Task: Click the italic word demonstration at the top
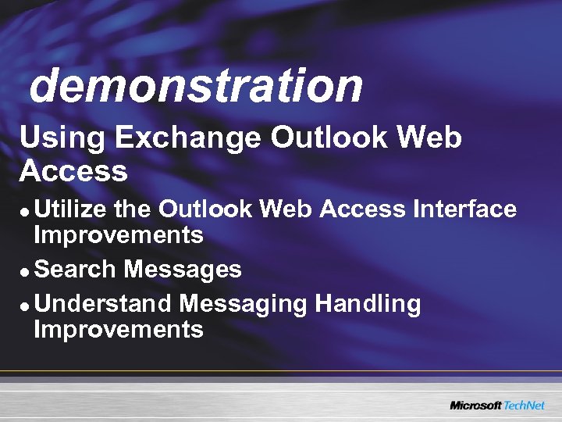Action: point(195,85)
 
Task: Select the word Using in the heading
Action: point(62,139)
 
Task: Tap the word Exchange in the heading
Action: point(188,139)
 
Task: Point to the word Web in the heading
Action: point(429,138)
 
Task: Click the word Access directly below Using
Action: point(73,170)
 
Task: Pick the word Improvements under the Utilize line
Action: point(119,234)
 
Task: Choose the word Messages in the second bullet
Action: point(183,270)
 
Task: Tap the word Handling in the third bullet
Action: point(368,304)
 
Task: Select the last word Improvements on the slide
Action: point(119,329)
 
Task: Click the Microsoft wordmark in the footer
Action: point(475,405)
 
